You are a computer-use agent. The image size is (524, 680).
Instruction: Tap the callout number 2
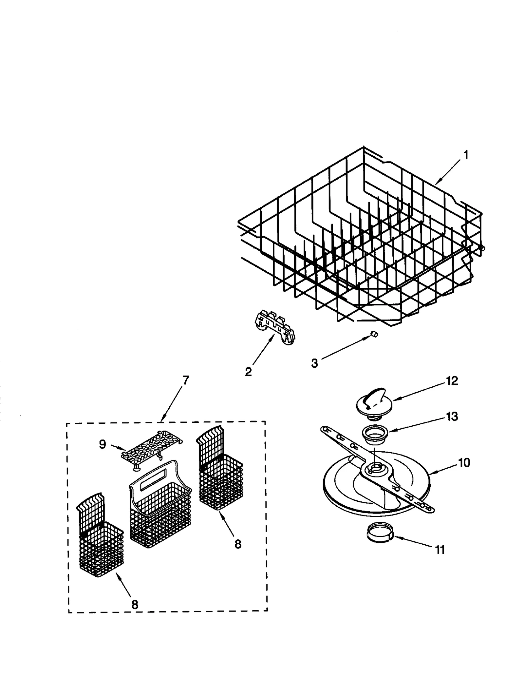pos(248,372)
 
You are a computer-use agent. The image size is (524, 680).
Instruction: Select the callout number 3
pos(314,363)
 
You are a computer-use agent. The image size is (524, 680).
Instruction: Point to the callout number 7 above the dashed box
pos(185,380)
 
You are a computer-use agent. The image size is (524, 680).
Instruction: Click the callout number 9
pos(103,444)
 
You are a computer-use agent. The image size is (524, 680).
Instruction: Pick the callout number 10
pos(464,463)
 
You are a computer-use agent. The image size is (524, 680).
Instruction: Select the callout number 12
pos(452,381)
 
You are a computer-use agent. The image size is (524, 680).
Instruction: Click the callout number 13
pos(452,417)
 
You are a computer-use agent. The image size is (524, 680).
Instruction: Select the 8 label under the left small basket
pos(135,605)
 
